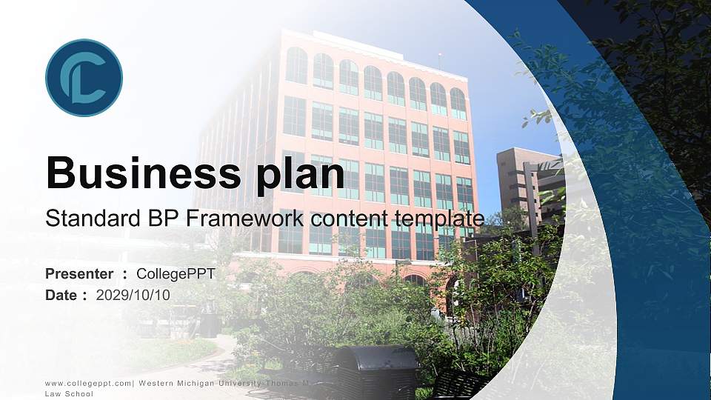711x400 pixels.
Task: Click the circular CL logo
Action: coord(84,78)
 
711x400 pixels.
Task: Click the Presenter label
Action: coord(79,274)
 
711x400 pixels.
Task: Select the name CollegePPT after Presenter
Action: coord(176,274)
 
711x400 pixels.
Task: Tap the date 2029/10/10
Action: coord(133,295)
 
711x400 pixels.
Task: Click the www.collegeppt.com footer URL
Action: coord(88,384)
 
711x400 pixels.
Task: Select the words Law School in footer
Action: coord(69,394)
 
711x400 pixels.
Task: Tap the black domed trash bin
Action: coord(375,370)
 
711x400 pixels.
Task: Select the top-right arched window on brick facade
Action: coord(458,104)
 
